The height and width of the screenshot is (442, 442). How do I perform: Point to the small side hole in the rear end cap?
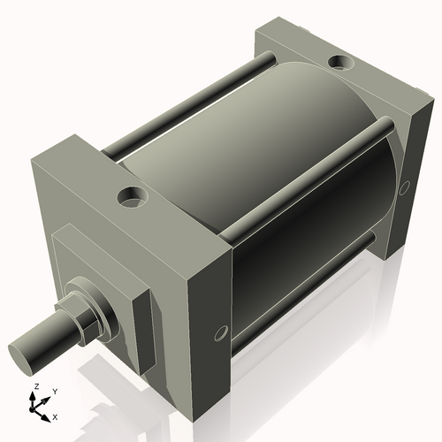coord(404,187)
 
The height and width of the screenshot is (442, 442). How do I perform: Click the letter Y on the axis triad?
coord(54,391)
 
